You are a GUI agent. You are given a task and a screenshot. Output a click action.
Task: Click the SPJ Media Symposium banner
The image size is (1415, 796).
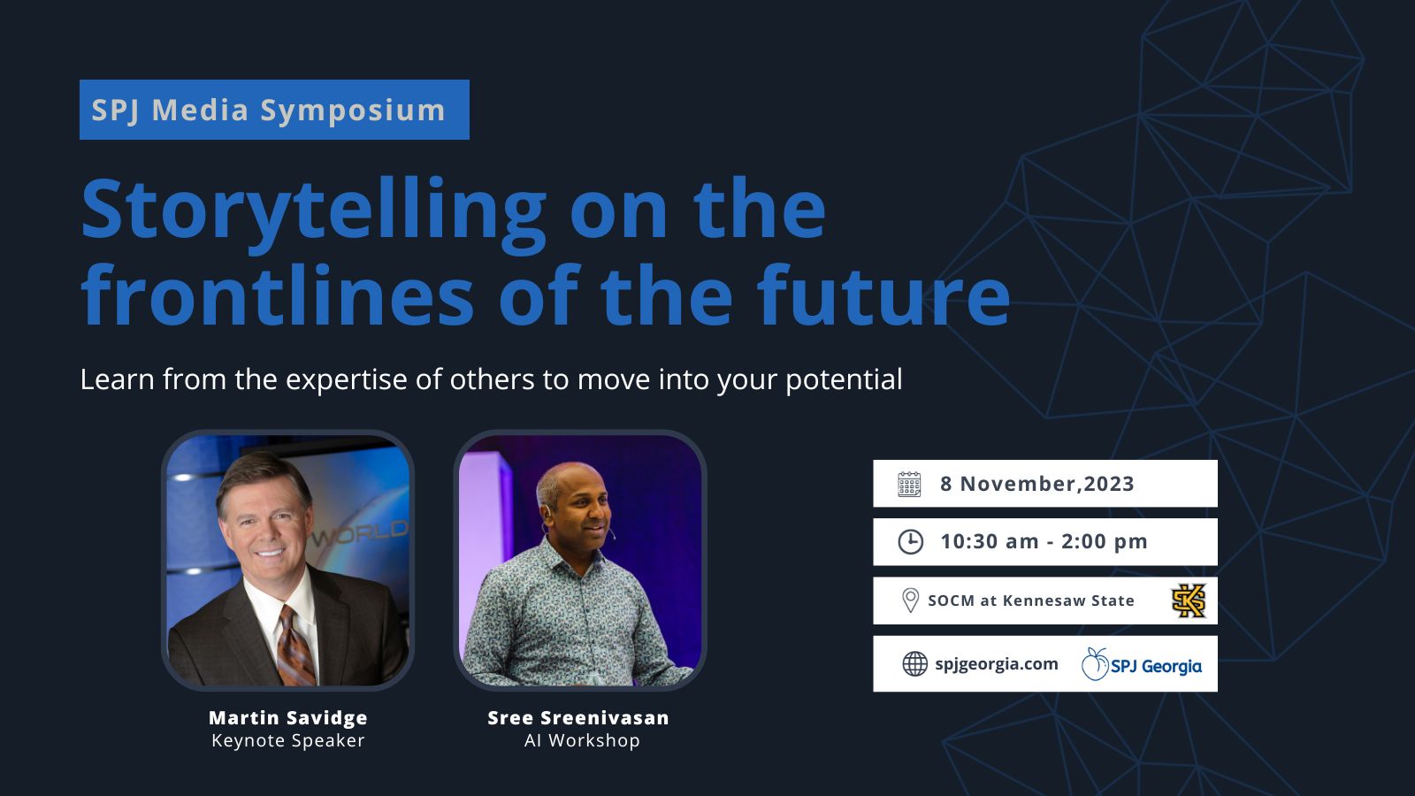click(x=274, y=110)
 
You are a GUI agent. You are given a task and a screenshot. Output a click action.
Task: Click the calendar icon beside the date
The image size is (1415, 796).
click(x=909, y=484)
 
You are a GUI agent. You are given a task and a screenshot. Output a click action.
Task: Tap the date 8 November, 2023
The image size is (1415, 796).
click(x=1037, y=484)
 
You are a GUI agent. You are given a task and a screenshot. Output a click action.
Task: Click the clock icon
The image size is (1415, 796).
click(x=910, y=542)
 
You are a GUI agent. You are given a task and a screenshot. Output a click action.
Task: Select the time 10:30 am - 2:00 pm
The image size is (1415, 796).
click(x=1044, y=541)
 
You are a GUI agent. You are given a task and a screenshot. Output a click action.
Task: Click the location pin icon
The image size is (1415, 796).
click(x=910, y=601)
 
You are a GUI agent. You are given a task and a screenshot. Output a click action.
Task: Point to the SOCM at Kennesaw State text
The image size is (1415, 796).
click(x=1031, y=601)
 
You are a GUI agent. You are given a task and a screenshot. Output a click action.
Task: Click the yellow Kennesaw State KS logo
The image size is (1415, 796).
click(x=1189, y=601)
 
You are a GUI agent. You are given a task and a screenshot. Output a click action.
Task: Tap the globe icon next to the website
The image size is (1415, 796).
click(x=914, y=664)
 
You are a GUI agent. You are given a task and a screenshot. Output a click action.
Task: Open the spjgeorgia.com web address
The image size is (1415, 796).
click(x=996, y=664)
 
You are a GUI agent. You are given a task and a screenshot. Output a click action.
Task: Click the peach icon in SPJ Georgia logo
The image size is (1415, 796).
click(x=1095, y=664)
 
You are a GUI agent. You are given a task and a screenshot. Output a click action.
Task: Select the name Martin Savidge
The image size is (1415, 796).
click(x=288, y=717)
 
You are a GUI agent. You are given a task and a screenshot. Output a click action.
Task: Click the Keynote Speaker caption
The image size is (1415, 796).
click(x=288, y=740)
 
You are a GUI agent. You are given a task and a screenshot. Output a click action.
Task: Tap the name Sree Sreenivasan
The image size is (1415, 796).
click(x=578, y=717)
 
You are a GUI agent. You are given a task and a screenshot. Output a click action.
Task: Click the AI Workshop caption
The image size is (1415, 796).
click(x=582, y=740)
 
